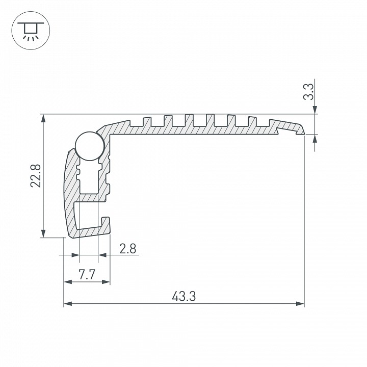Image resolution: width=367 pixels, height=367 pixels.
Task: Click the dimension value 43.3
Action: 184,296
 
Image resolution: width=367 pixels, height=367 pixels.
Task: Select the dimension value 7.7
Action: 87,275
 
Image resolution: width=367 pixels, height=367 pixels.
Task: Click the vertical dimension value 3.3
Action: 308,93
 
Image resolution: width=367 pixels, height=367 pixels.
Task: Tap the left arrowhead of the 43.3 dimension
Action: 67,304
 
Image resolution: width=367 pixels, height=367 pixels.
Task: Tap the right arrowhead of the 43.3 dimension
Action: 300,304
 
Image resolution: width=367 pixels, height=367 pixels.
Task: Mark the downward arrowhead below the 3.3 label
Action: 315,110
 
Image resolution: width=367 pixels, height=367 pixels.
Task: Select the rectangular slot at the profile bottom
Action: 91,214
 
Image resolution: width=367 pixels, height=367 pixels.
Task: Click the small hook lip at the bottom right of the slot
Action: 108,222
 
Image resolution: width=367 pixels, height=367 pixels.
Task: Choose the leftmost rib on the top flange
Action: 146,121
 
